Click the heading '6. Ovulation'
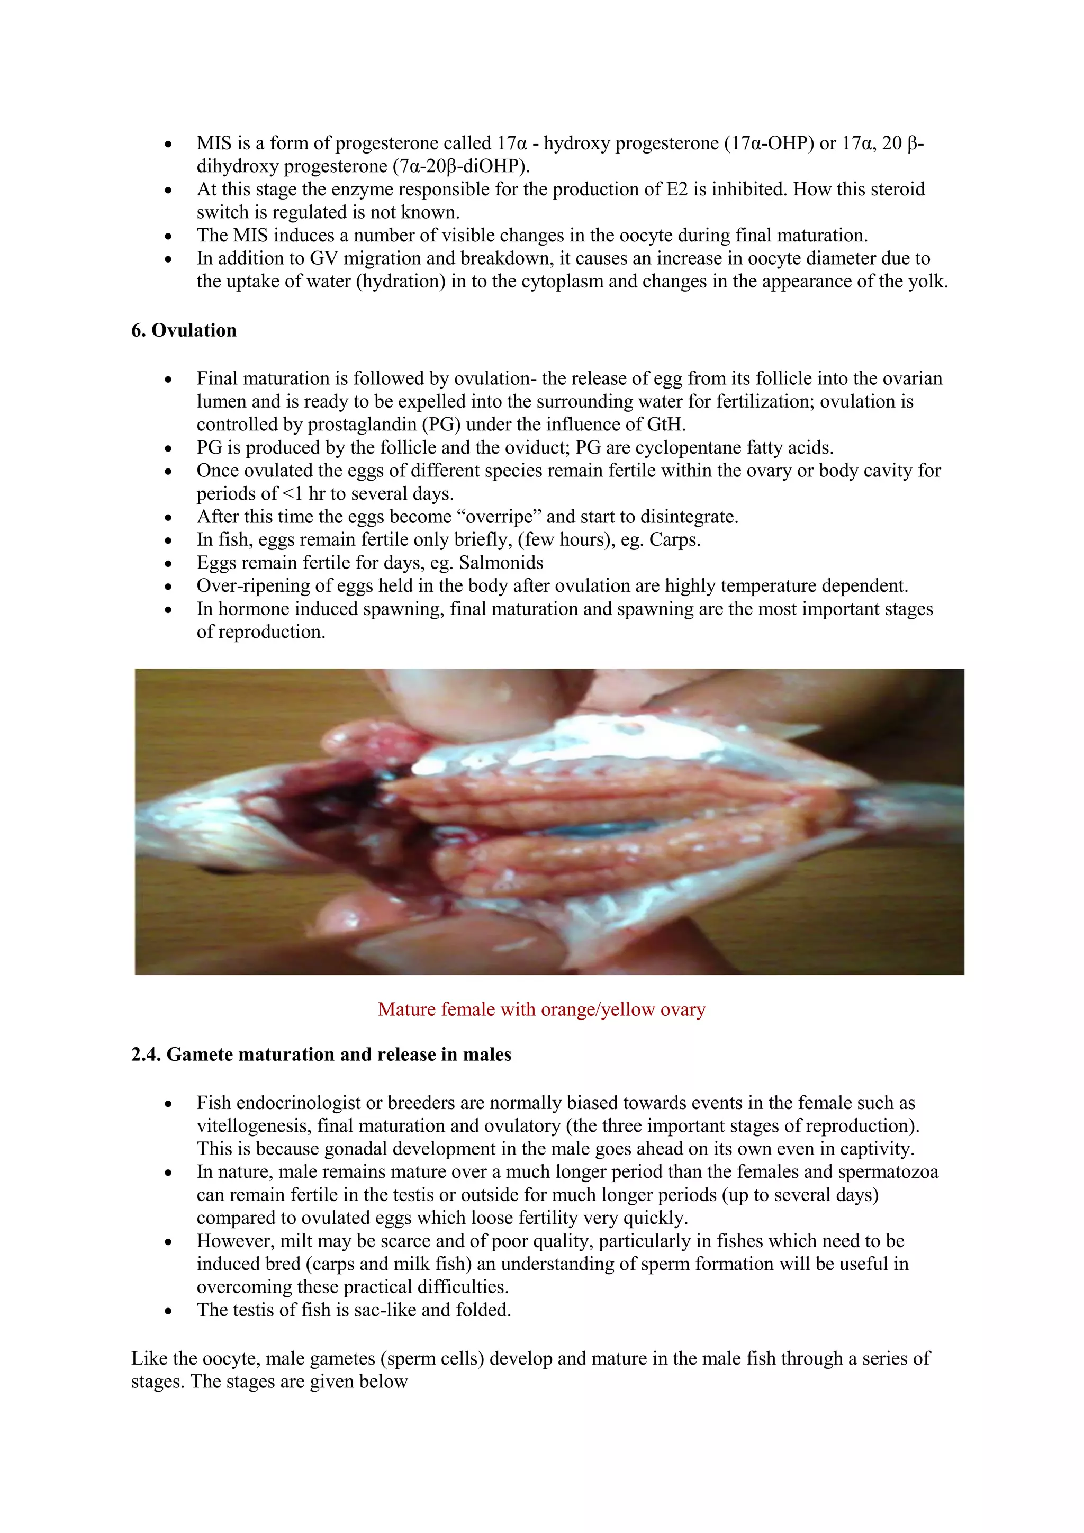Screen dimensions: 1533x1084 click(184, 330)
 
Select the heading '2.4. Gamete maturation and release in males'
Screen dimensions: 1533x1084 click(321, 1054)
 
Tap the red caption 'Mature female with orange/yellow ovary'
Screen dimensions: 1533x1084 click(541, 1009)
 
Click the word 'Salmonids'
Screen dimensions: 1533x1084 click(501, 563)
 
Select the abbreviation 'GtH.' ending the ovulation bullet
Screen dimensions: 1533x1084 click(666, 425)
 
